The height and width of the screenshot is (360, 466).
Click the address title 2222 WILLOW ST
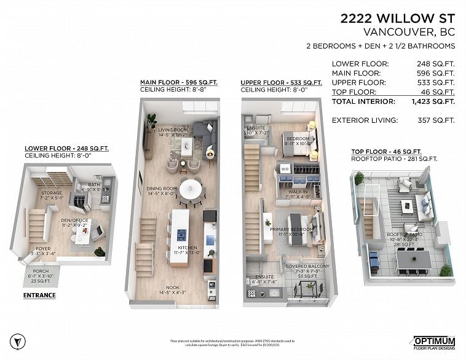398,18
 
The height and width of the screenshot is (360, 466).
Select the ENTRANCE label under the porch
39,295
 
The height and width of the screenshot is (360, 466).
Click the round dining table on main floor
191,185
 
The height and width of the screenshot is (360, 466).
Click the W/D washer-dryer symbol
285,168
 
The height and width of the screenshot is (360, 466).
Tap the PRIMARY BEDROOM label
291,229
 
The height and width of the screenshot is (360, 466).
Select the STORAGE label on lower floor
51,193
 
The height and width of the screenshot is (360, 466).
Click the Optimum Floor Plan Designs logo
433,342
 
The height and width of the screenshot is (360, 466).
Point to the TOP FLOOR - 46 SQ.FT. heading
386,152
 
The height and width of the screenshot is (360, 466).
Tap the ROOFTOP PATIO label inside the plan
405,235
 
